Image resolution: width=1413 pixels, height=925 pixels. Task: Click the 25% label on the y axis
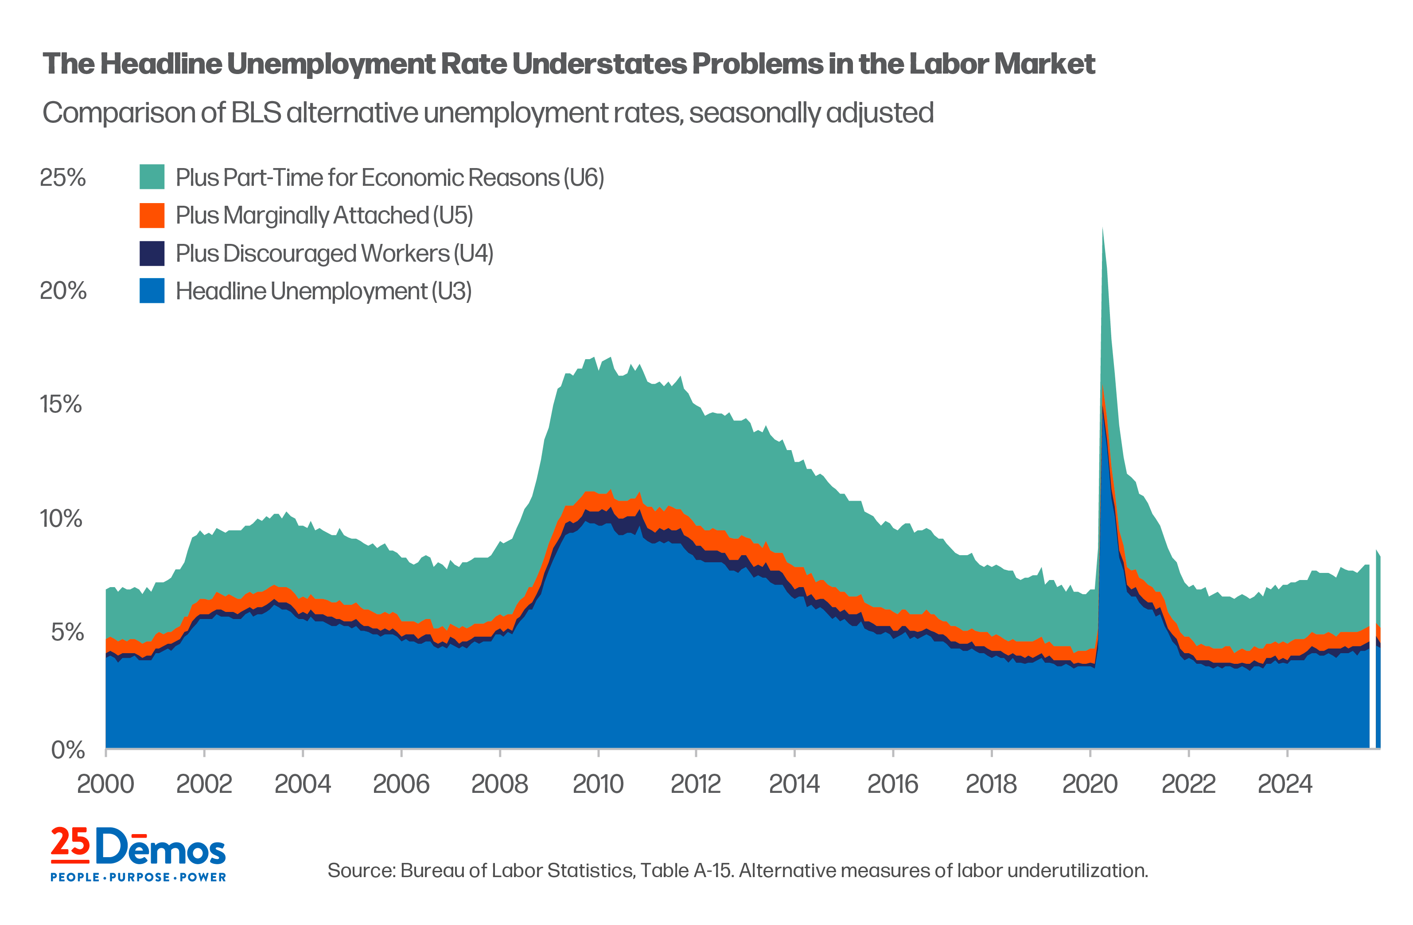pos(62,178)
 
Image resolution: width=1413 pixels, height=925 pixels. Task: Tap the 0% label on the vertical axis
pos(68,750)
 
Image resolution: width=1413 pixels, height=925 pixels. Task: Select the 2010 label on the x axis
pos(598,784)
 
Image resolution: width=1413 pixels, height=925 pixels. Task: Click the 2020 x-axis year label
pos(1090,784)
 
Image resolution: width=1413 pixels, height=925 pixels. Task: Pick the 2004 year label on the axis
pos(302,784)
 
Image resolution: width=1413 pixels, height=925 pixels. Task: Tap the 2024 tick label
pos(1285,784)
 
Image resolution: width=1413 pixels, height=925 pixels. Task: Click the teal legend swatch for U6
pos(152,177)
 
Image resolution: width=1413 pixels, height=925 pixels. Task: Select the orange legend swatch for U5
pos(152,215)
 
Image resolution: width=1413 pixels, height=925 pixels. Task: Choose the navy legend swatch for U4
pos(152,253)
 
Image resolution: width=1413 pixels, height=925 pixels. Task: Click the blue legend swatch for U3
pos(152,291)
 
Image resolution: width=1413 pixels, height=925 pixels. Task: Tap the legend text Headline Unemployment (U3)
pos(323,291)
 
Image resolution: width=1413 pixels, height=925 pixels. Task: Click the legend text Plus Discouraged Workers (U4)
pos(334,253)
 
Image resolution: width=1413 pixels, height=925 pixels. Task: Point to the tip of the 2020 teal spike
pos(1102,229)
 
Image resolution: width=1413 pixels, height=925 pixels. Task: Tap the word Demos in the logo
pos(160,847)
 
